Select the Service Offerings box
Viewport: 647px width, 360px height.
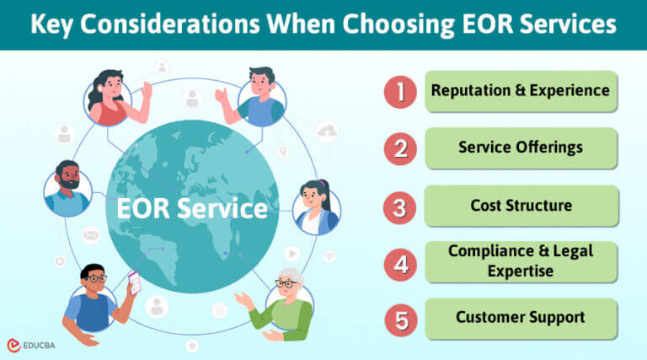click(521, 148)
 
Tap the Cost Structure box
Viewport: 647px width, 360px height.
click(521, 206)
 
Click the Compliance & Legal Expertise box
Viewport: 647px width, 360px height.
click(521, 261)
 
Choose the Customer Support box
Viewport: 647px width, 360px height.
click(521, 318)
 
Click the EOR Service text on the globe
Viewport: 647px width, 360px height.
click(186, 207)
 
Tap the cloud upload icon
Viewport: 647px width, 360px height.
click(328, 132)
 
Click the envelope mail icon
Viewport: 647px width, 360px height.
click(91, 234)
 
